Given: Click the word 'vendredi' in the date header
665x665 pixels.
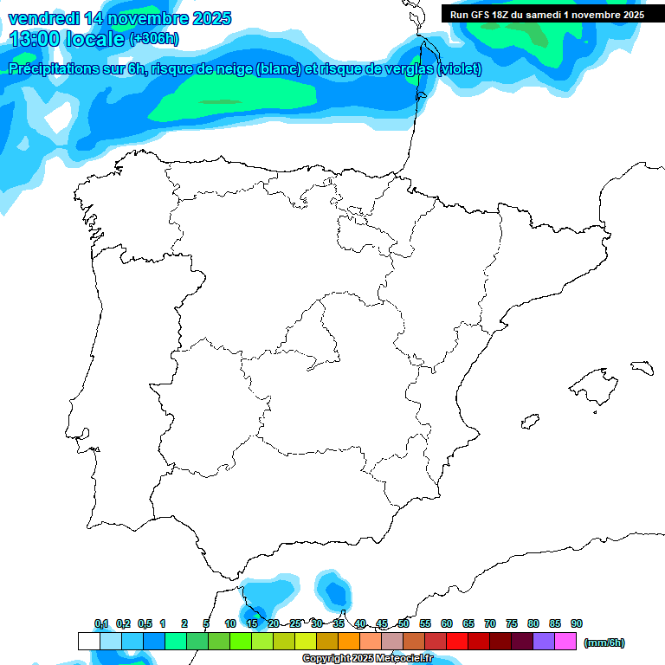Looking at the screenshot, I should point(43,18).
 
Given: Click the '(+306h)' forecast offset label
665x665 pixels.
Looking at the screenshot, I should point(153,39).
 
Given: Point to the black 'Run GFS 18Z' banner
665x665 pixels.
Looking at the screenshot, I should point(546,14).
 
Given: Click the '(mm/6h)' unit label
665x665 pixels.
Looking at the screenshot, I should point(604,642).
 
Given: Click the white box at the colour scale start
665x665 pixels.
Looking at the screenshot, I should point(88,642).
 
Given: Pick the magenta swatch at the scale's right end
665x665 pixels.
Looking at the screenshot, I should point(565,642).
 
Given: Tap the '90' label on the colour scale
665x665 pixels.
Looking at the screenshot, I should point(577,623).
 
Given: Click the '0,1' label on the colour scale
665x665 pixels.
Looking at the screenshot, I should point(101,623).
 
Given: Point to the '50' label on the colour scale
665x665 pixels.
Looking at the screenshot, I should point(404,623).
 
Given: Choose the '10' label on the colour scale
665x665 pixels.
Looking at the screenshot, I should point(230,623).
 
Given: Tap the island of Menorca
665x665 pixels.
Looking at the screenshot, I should point(642,367).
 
